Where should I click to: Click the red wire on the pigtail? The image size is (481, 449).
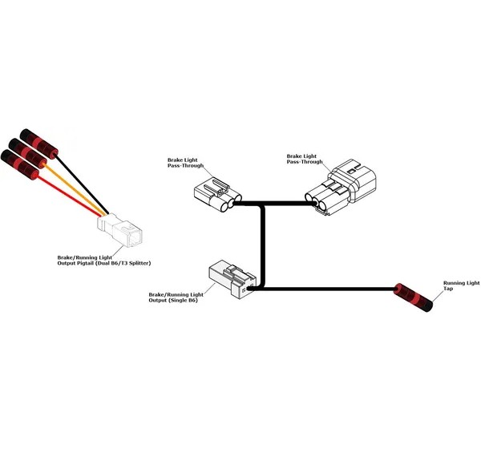point(68,195)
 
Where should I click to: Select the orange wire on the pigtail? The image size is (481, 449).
point(75,189)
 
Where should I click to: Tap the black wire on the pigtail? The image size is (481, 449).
point(82,184)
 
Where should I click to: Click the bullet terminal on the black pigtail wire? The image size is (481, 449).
point(39,144)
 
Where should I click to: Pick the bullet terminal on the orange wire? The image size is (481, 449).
point(28,153)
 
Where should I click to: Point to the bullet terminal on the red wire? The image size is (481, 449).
point(19,164)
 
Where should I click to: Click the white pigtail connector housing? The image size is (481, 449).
point(119,230)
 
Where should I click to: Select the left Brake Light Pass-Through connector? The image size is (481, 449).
point(218,195)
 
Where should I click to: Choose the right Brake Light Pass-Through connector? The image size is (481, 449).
point(341,187)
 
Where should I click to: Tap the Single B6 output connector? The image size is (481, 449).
point(232,279)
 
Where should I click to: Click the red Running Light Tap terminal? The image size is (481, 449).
point(413,297)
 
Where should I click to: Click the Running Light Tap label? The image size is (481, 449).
point(461,285)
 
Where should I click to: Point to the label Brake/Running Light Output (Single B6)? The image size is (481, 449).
point(176,297)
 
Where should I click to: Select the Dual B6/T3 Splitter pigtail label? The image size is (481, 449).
point(104,261)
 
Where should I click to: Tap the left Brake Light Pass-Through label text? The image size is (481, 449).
point(185,163)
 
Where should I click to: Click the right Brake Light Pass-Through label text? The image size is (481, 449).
point(305,159)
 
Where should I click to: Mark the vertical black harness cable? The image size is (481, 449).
point(263,246)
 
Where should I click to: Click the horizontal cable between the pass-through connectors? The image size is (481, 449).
point(274,203)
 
